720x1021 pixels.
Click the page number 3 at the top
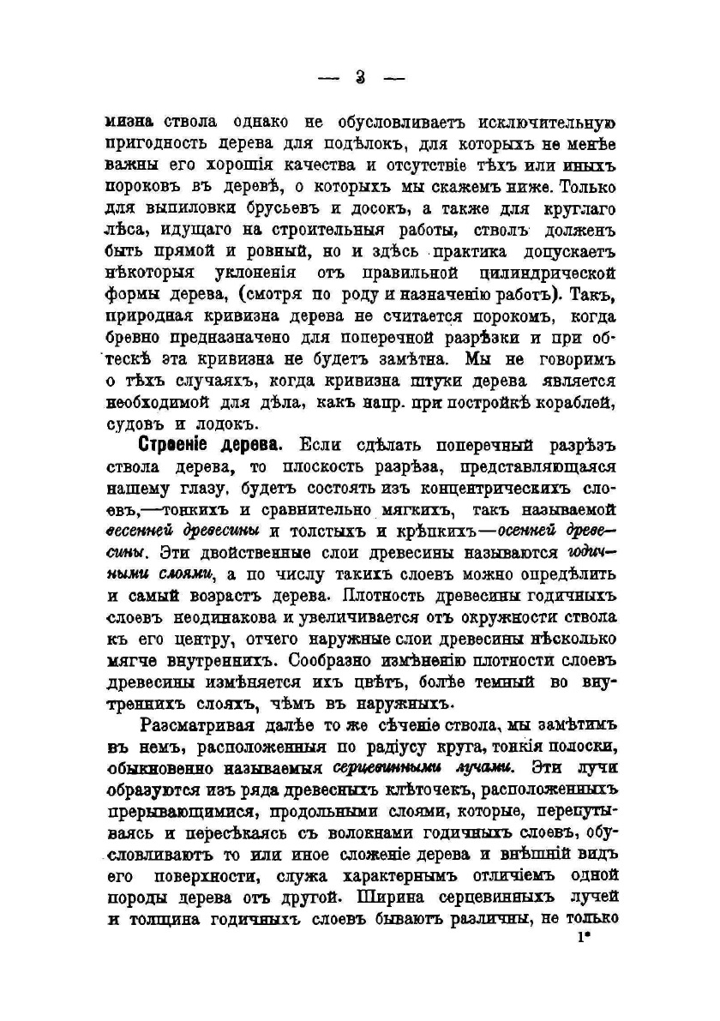[359, 78]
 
